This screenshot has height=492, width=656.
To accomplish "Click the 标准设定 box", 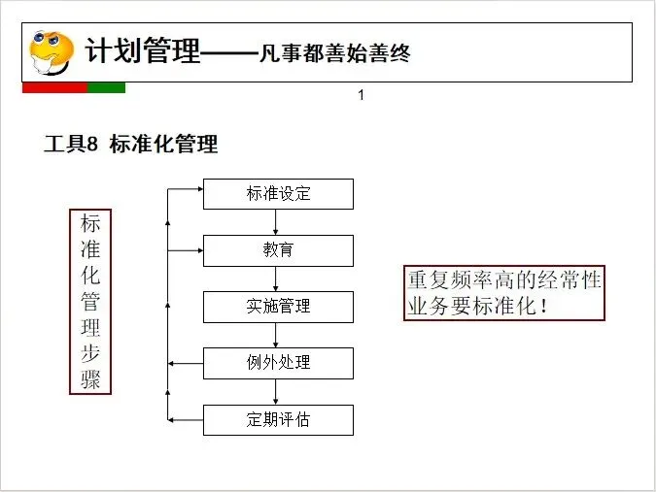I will tap(278, 194).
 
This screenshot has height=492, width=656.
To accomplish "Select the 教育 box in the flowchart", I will tap(278, 250).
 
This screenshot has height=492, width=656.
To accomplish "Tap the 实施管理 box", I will tap(278, 307).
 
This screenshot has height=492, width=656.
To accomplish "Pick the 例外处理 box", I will tap(278, 363).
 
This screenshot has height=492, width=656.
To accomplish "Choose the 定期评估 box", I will tap(278, 420).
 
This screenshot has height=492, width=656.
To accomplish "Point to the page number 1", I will tap(361, 95).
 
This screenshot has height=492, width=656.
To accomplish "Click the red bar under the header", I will tap(54, 87).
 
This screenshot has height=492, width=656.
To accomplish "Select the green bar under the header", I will tap(106, 87).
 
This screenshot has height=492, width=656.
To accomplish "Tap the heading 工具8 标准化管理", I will tap(130, 145).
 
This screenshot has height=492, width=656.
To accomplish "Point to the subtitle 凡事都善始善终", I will tap(334, 52).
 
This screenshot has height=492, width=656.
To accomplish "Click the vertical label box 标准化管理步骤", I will tap(90, 301).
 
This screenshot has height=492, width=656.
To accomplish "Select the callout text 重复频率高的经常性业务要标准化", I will tap(503, 293).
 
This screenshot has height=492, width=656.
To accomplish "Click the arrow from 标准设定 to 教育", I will tap(278, 222).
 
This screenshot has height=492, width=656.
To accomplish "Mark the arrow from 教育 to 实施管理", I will tap(278, 279).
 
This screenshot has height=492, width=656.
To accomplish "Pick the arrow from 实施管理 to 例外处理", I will tap(278, 335).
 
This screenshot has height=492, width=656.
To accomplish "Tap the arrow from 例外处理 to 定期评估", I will tap(278, 392).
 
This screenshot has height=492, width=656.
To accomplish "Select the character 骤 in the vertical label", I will tap(90, 378).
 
